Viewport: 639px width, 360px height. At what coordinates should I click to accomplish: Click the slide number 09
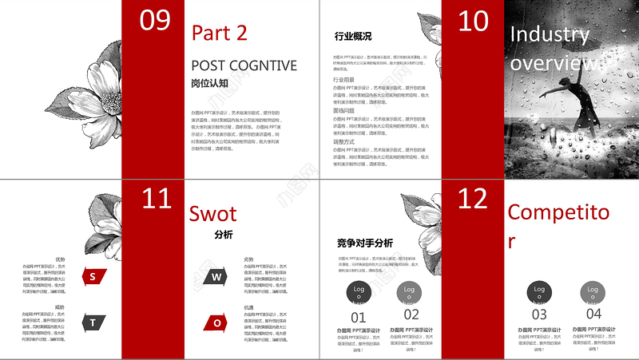click(x=155, y=20)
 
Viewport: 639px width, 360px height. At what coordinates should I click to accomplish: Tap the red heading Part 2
click(x=220, y=33)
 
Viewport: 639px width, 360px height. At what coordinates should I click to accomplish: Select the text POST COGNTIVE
click(x=244, y=65)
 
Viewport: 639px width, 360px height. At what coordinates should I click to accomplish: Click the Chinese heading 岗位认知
click(x=209, y=82)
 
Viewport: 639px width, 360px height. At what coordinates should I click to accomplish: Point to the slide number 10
click(x=474, y=21)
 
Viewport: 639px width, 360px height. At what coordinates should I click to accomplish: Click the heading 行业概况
click(x=352, y=36)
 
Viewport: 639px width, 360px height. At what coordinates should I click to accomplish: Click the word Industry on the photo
click(x=550, y=34)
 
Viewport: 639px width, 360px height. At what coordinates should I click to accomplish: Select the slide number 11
click(x=156, y=199)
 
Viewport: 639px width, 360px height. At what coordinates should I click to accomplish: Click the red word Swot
click(x=213, y=213)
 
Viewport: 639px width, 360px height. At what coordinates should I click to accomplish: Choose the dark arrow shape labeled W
click(x=216, y=277)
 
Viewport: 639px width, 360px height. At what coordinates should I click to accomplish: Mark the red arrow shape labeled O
click(x=216, y=322)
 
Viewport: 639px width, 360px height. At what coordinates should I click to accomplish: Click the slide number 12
click(x=474, y=199)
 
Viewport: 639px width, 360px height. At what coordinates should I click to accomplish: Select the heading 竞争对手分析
click(x=364, y=243)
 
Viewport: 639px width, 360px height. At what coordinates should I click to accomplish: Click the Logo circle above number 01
click(x=359, y=292)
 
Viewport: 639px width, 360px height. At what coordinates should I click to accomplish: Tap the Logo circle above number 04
click(x=592, y=292)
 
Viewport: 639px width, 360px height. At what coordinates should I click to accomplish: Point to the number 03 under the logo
click(x=539, y=314)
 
